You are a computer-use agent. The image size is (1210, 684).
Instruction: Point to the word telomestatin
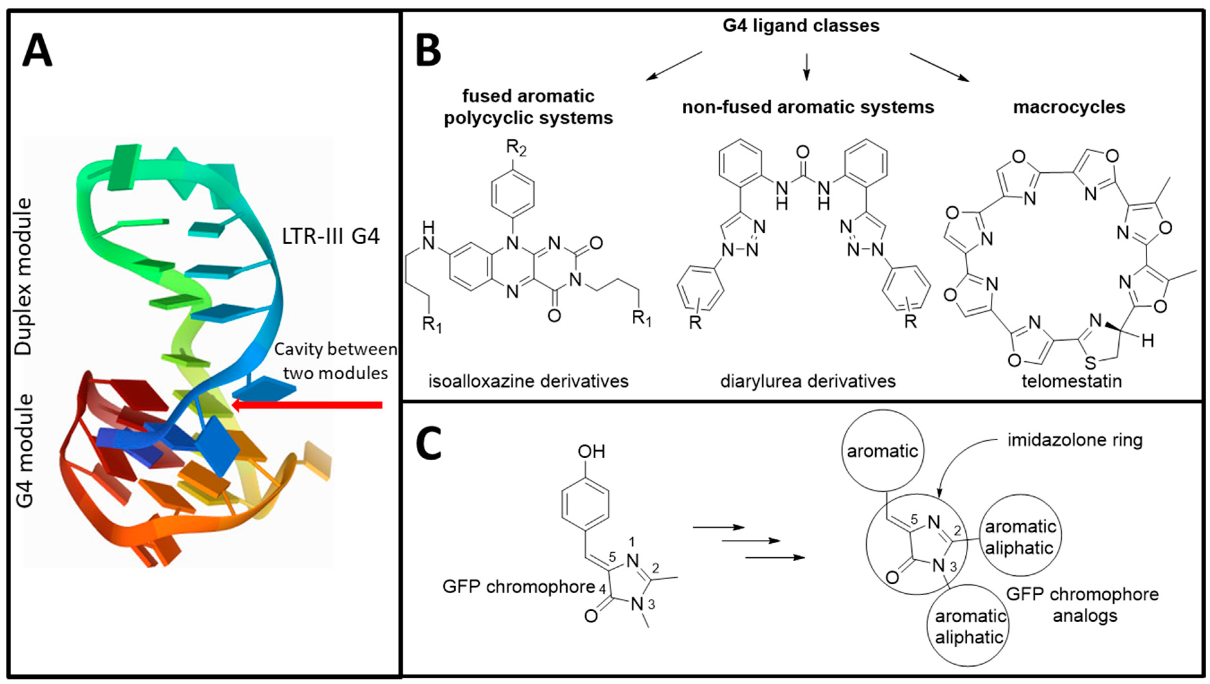(1071, 381)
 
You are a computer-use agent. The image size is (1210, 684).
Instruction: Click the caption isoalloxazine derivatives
(528, 381)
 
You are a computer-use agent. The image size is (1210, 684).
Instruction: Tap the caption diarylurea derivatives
(808, 381)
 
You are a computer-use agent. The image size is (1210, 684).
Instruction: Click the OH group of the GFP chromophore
(591, 452)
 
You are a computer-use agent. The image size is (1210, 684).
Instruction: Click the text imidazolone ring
(1075, 440)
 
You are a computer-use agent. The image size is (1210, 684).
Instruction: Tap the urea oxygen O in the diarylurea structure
(803, 152)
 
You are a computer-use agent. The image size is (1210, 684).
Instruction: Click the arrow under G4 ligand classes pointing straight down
(807, 67)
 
